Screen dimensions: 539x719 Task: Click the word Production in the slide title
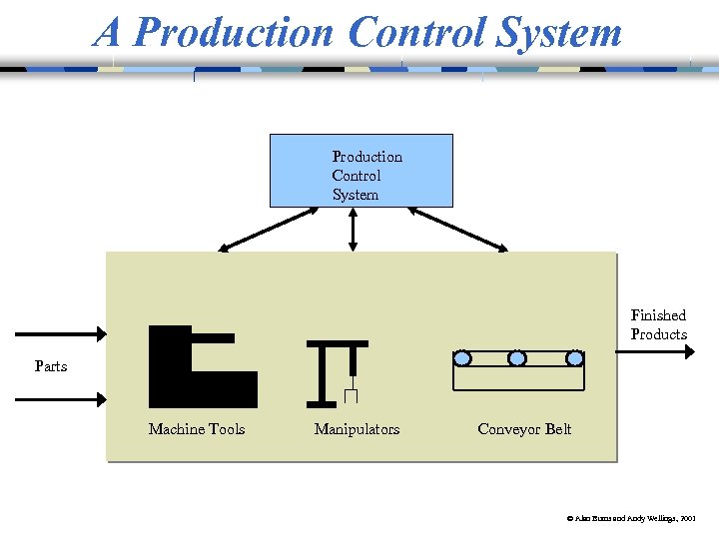pyautogui.click(x=235, y=32)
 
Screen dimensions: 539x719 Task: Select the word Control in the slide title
pyautogui.click(x=416, y=32)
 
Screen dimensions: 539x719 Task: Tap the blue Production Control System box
pyautogui.click(x=361, y=171)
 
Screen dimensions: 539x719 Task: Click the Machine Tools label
pyautogui.click(x=197, y=429)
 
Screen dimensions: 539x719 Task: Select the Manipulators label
pyautogui.click(x=357, y=429)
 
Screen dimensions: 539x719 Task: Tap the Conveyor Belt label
pyautogui.click(x=524, y=429)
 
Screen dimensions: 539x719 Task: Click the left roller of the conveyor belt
pyautogui.click(x=462, y=357)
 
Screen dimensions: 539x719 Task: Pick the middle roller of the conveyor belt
pyautogui.click(x=517, y=357)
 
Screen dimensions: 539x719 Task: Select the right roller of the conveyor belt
pyautogui.click(x=575, y=357)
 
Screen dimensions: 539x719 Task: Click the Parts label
pyautogui.click(x=51, y=366)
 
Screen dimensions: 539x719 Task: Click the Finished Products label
pyautogui.click(x=658, y=324)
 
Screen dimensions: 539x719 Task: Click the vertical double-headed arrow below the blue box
pyautogui.click(x=352, y=229)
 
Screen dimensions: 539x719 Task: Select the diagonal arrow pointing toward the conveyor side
pyautogui.click(x=458, y=229)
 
